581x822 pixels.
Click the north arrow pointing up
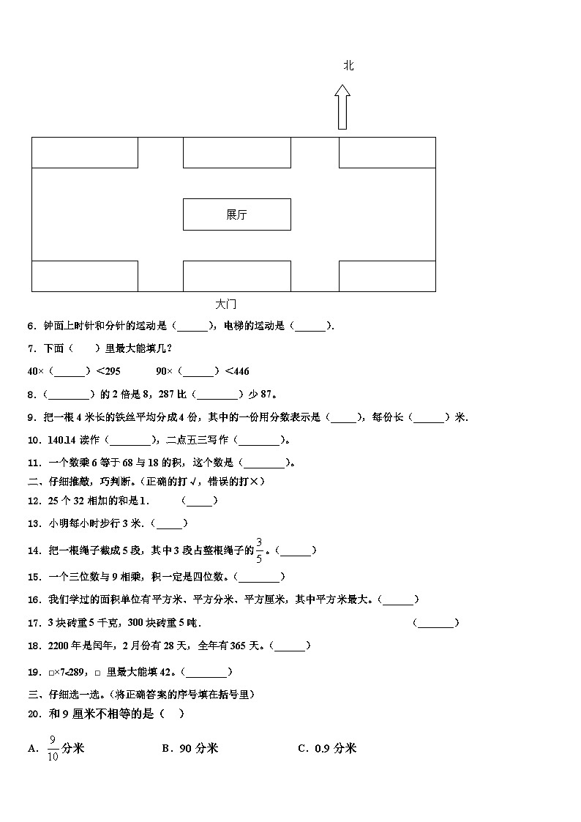click(x=342, y=107)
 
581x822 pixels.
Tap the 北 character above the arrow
click(x=348, y=66)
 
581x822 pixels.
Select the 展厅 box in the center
click(x=236, y=214)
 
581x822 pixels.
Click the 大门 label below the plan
click(x=226, y=304)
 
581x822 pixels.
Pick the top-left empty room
click(x=85, y=152)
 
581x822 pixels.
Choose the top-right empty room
click(x=386, y=152)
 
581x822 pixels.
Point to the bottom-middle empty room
click(x=236, y=276)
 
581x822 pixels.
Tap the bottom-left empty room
click(x=85, y=276)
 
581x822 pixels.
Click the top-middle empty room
click(x=236, y=152)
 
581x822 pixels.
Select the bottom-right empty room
click(x=386, y=276)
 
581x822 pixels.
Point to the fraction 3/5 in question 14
click(x=258, y=550)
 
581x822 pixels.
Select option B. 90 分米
click(x=190, y=748)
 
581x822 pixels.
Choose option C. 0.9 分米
click(x=327, y=748)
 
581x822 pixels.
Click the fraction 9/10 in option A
click(x=53, y=748)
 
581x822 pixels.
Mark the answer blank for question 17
click(x=435, y=623)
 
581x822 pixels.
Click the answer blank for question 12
click(x=199, y=501)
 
